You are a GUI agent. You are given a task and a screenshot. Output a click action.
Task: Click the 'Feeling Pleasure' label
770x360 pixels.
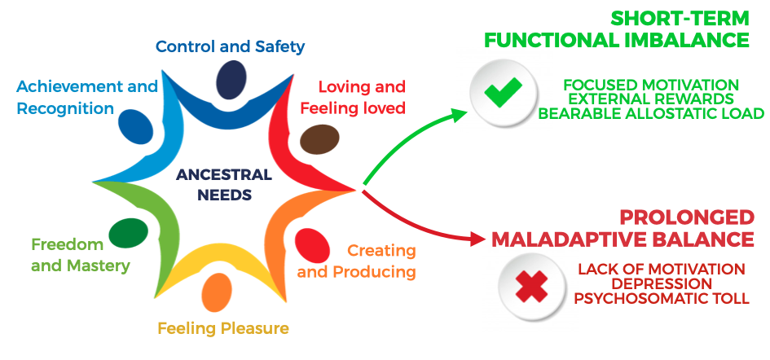pyautogui.click(x=223, y=329)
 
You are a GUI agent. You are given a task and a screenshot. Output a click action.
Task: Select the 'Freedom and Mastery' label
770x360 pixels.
pyautogui.click(x=80, y=254)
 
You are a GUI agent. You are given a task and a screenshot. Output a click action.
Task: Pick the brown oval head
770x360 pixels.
pyautogui.click(x=314, y=139)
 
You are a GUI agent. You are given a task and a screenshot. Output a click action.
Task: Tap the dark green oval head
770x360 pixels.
pyautogui.click(x=128, y=233)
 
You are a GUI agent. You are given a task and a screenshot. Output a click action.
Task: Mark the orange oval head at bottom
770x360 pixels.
pyautogui.click(x=217, y=292)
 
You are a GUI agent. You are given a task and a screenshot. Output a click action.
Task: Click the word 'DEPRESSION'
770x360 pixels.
pyautogui.click(x=662, y=283)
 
